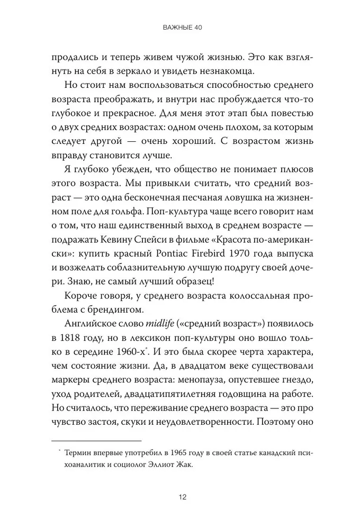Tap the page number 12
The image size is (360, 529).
click(x=180, y=497)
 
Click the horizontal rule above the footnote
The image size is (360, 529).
click(x=96, y=440)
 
